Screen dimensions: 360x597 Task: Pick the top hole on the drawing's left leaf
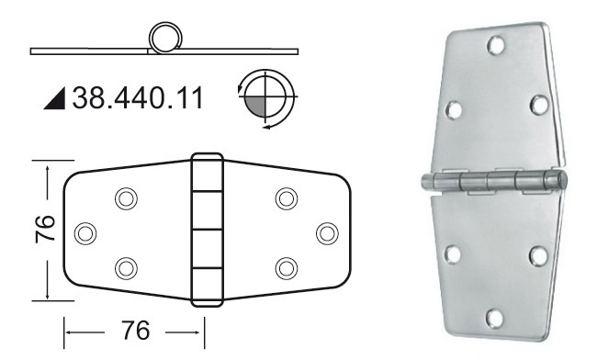[126, 197]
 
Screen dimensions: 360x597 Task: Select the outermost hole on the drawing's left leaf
[85, 232]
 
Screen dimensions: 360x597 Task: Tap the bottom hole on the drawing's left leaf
[126, 267]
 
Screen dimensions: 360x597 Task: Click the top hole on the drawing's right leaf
[287, 197]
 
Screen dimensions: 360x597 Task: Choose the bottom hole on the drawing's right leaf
[287, 267]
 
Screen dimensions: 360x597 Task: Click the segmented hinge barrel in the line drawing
[207, 230]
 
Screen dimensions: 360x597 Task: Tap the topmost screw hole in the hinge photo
[497, 43]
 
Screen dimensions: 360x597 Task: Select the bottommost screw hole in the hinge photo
[496, 318]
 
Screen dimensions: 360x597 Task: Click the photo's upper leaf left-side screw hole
[454, 109]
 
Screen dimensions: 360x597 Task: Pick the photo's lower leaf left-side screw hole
[452, 253]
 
